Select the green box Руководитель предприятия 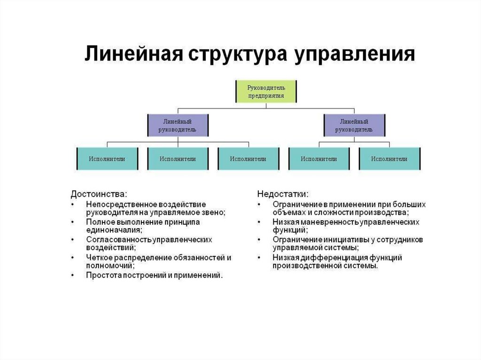tap(266, 91)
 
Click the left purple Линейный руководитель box tap(178, 125)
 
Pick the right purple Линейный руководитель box tap(354, 125)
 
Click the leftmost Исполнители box tap(107, 159)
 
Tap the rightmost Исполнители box tap(389, 159)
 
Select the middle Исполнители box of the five tap(248, 159)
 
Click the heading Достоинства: tap(99, 193)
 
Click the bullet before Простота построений tap(73, 275)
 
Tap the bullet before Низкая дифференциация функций tap(259, 258)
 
